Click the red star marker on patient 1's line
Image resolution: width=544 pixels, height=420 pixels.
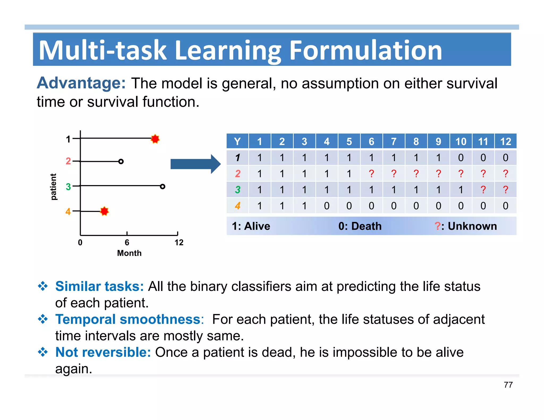point(155,139)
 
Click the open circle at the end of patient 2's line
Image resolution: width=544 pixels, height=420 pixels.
point(121,161)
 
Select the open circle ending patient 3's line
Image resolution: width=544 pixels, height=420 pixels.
point(163,186)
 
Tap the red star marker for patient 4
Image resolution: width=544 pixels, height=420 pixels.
point(104,211)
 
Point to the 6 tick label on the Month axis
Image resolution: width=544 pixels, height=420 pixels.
point(127,242)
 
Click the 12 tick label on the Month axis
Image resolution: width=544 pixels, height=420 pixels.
point(179,242)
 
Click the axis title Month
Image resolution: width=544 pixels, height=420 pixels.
point(129,253)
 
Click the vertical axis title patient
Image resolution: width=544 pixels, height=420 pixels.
point(53,187)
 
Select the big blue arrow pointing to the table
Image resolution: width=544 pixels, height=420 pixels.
point(195,164)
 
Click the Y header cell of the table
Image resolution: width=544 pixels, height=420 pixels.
point(237,142)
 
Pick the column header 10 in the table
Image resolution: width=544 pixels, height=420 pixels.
point(461,142)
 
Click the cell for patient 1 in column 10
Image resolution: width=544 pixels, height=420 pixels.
point(461,158)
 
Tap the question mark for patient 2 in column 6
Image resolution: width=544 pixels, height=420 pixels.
point(371,174)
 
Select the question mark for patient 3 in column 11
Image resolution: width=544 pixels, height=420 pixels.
point(483,190)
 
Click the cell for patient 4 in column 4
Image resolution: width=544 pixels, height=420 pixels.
point(327,206)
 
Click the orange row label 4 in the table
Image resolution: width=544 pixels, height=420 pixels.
point(237,206)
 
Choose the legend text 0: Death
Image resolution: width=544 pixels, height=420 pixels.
point(360,226)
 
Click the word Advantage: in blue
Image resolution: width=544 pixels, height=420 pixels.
point(81,83)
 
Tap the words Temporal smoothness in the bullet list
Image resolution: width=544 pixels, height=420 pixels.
point(128,319)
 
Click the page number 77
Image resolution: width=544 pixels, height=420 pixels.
point(508,385)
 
